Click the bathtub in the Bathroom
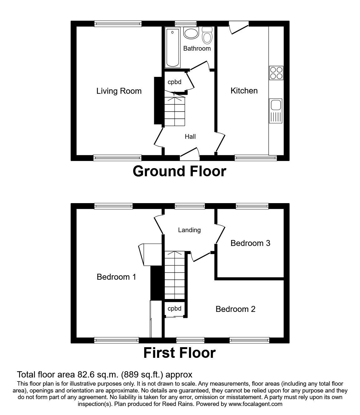(x=173, y=47)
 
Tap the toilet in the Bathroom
(x=207, y=35)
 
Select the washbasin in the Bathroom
(x=190, y=33)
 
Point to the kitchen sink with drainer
(x=275, y=111)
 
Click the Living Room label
(x=119, y=91)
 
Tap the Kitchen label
(x=244, y=91)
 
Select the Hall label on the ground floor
(x=190, y=137)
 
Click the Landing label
(x=189, y=230)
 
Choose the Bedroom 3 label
(x=250, y=243)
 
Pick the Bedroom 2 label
(x=236, y=309)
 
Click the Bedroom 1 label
(x=116, y=277)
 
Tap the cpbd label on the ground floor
(x=175, y=82)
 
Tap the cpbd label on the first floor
(x=175, y=309)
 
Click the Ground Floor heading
(x=179, y=171)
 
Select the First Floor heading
(x=179, y=353)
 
